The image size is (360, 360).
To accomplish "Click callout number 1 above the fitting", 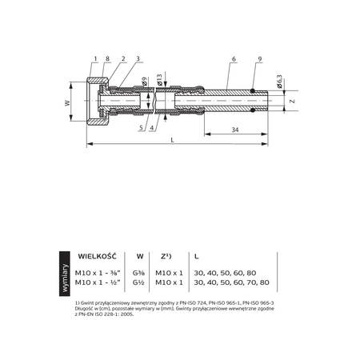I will pos(94,60).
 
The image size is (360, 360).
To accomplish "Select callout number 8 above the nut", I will pos(108,60).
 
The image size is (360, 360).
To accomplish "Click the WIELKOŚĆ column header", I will pos(97,256).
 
